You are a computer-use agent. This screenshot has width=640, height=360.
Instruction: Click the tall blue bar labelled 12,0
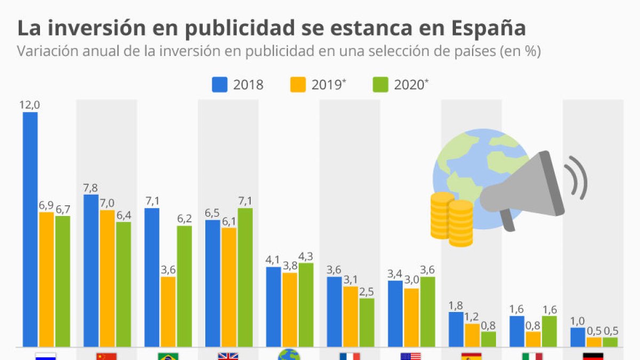[30, 229]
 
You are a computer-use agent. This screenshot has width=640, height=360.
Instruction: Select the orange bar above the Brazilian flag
[168, 312]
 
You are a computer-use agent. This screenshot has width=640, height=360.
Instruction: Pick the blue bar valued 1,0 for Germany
[578, 337]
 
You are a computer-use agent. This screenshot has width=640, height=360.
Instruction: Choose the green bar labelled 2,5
[366, 323]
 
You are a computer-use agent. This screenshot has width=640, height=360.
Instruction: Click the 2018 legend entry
[238, 85]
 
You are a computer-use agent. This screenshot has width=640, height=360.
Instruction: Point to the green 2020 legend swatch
[380, 85]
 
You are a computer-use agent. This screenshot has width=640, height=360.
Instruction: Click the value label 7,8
[91, 188]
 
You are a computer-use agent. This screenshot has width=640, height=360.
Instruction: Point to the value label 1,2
[472, 317]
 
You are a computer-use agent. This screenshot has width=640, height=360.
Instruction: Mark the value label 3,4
[395, 274]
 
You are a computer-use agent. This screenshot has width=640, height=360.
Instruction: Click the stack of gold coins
[452, 219]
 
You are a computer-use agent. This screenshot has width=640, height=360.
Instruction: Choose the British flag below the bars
[228, 356]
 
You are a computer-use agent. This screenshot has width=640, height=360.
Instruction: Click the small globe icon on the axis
[289, 356]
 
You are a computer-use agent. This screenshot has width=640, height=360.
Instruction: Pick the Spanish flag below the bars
[471, 356]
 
